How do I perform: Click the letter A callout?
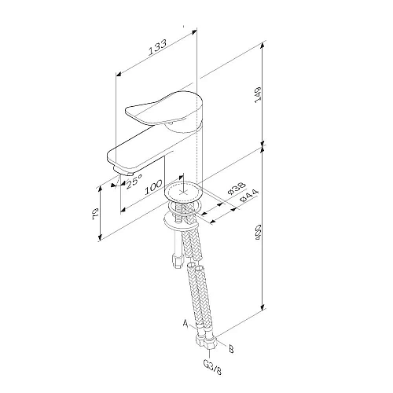185,322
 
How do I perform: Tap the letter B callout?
230,344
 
